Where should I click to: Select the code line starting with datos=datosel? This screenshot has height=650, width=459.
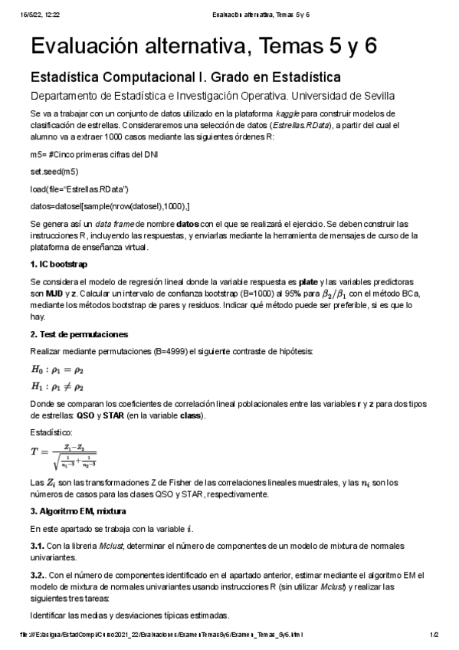(x=110, y=206)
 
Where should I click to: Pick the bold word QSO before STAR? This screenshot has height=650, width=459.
(x=84, y=415)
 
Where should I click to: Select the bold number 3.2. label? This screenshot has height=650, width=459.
(x=40, y=575)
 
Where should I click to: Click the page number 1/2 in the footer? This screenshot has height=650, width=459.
(x=434, y=635)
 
